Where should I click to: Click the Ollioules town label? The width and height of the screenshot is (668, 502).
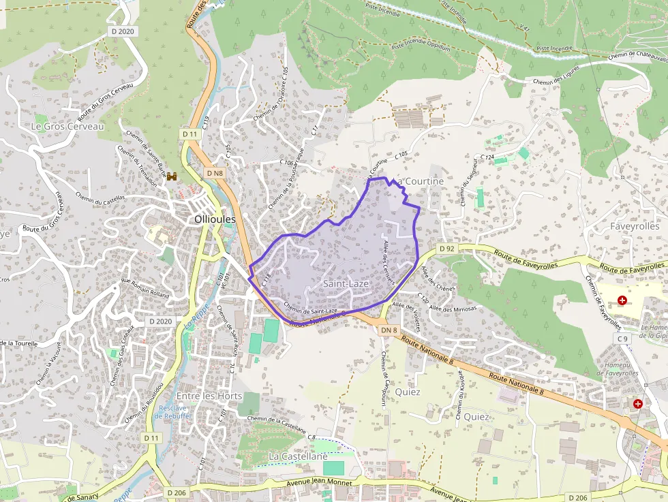click(215, 219)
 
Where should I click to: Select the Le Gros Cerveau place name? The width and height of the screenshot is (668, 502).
click(67, 127)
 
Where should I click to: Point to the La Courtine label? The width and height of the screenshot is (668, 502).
click(420, 181)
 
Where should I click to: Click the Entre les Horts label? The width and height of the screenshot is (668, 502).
click(209, 396)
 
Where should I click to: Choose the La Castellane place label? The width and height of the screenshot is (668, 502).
click(298, 456)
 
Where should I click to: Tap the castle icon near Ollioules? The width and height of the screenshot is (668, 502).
click(172, 176)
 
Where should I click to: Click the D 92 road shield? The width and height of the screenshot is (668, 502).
click(447, 249)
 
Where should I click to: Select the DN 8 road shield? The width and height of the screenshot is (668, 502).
click(389, 330)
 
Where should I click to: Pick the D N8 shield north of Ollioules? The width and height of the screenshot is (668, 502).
click(215, 173)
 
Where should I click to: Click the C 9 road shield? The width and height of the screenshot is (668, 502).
click(622, 339)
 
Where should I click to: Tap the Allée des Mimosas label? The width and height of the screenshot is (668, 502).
click(453, 309)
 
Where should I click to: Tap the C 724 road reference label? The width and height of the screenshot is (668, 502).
click(487, 157)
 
